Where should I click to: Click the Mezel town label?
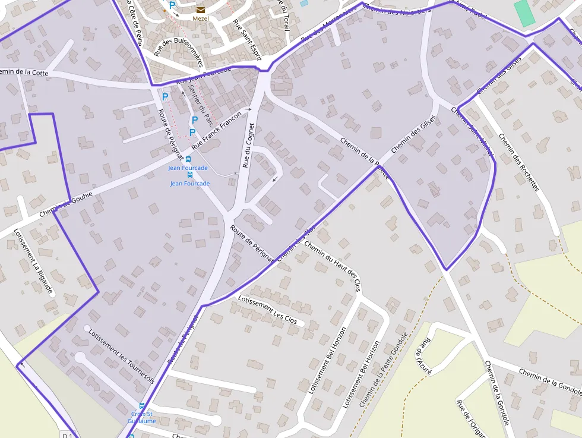pyautogui.click(x=201, y=18)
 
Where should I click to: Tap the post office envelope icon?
pyautogui.click(x=200, y=9)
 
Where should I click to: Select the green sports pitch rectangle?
pyautogui.click(x=524, y=12)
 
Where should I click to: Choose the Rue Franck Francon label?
pyautogui.click(x=217, y=128)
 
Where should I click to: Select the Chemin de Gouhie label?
pyautogui.click(x=66, y=203)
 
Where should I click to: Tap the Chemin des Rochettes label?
pyautogui.click(x=518, y=162)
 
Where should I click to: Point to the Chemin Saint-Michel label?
pyautogui.click(x=473, y=132)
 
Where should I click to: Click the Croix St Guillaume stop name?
pyautogui.click(x=141, y=417)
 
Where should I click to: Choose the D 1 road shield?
pyautogui.click(x=67, y=436)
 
